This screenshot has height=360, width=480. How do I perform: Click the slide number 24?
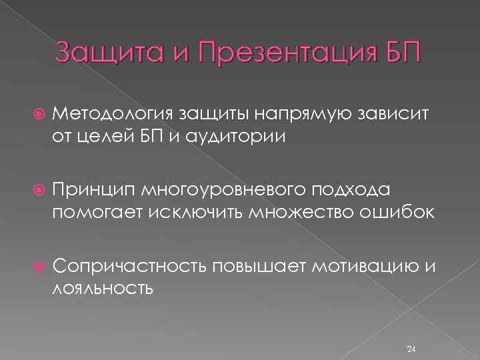click(411, 331)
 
